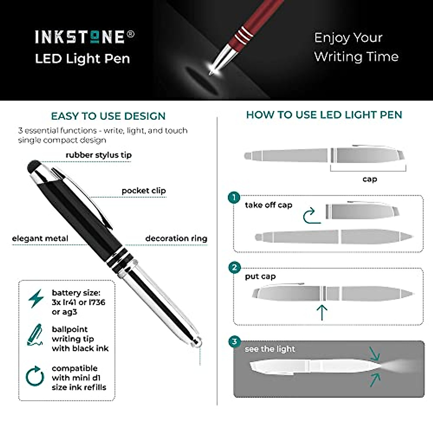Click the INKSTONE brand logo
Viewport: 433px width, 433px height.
point(85,37)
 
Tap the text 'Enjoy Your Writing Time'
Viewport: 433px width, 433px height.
point(356,47)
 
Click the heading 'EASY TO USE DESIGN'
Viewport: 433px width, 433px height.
point(108,116)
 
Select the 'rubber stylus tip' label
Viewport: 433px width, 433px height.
point(99,155)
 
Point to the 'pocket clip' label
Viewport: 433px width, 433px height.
point(144,191)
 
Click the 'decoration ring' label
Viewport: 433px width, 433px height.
point(176,239)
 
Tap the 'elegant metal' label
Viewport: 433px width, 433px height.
point(40,239)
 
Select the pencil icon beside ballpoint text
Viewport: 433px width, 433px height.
point(35,335)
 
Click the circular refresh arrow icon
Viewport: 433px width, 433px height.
point(35,376)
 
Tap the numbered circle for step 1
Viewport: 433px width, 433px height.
point(234,197)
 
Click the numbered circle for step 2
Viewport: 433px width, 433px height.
point(235,267)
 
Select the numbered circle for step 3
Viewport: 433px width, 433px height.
point(235,342)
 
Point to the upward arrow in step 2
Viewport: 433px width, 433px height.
point(322,312)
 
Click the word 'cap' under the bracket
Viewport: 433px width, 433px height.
point(369,179)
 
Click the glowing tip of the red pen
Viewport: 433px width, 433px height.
point(212,68)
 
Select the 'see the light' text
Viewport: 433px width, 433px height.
point(270,349)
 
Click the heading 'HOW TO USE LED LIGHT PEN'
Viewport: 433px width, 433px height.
point(324,115)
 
